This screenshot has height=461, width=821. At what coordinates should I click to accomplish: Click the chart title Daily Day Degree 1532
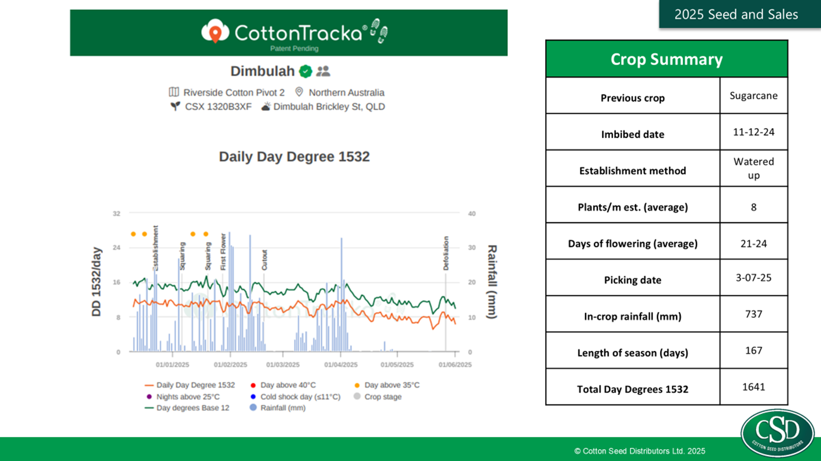coord(294,156)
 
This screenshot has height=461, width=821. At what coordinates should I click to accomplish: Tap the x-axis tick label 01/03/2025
coord(283,365)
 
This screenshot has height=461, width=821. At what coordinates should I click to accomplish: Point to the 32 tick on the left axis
coord(116,214)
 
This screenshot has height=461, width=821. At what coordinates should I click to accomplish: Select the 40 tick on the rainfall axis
coord(472,214)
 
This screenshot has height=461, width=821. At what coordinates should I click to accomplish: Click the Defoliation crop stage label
coord(446,253)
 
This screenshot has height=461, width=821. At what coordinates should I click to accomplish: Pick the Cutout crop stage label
coord(264,260)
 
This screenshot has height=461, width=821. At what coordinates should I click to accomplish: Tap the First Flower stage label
coord(223,251)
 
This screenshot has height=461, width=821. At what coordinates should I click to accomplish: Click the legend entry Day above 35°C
coord(392,385)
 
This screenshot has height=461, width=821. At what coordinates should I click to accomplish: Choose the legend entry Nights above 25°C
coord(188,397)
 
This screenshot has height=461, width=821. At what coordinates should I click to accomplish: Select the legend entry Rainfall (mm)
coord(283,408)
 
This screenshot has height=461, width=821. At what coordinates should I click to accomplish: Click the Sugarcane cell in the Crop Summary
coord(754,95)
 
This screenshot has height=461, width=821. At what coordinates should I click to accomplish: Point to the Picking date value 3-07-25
coord(754,277)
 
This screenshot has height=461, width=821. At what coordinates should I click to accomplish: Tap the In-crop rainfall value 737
coord(754,314)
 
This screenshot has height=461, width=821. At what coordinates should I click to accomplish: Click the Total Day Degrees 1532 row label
coord(632,389)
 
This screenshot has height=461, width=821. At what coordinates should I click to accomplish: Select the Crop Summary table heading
coord(666,59)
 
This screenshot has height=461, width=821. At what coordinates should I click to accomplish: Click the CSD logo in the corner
coord(777,432)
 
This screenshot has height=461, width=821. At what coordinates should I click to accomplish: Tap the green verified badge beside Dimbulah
coord(306,71)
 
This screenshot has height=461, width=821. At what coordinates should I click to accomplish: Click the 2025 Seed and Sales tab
coord(736,14)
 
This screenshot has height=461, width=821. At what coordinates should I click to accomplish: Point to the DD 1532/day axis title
coord(97,282)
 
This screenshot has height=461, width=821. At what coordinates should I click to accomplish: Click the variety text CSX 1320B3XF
coord(218,107)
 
